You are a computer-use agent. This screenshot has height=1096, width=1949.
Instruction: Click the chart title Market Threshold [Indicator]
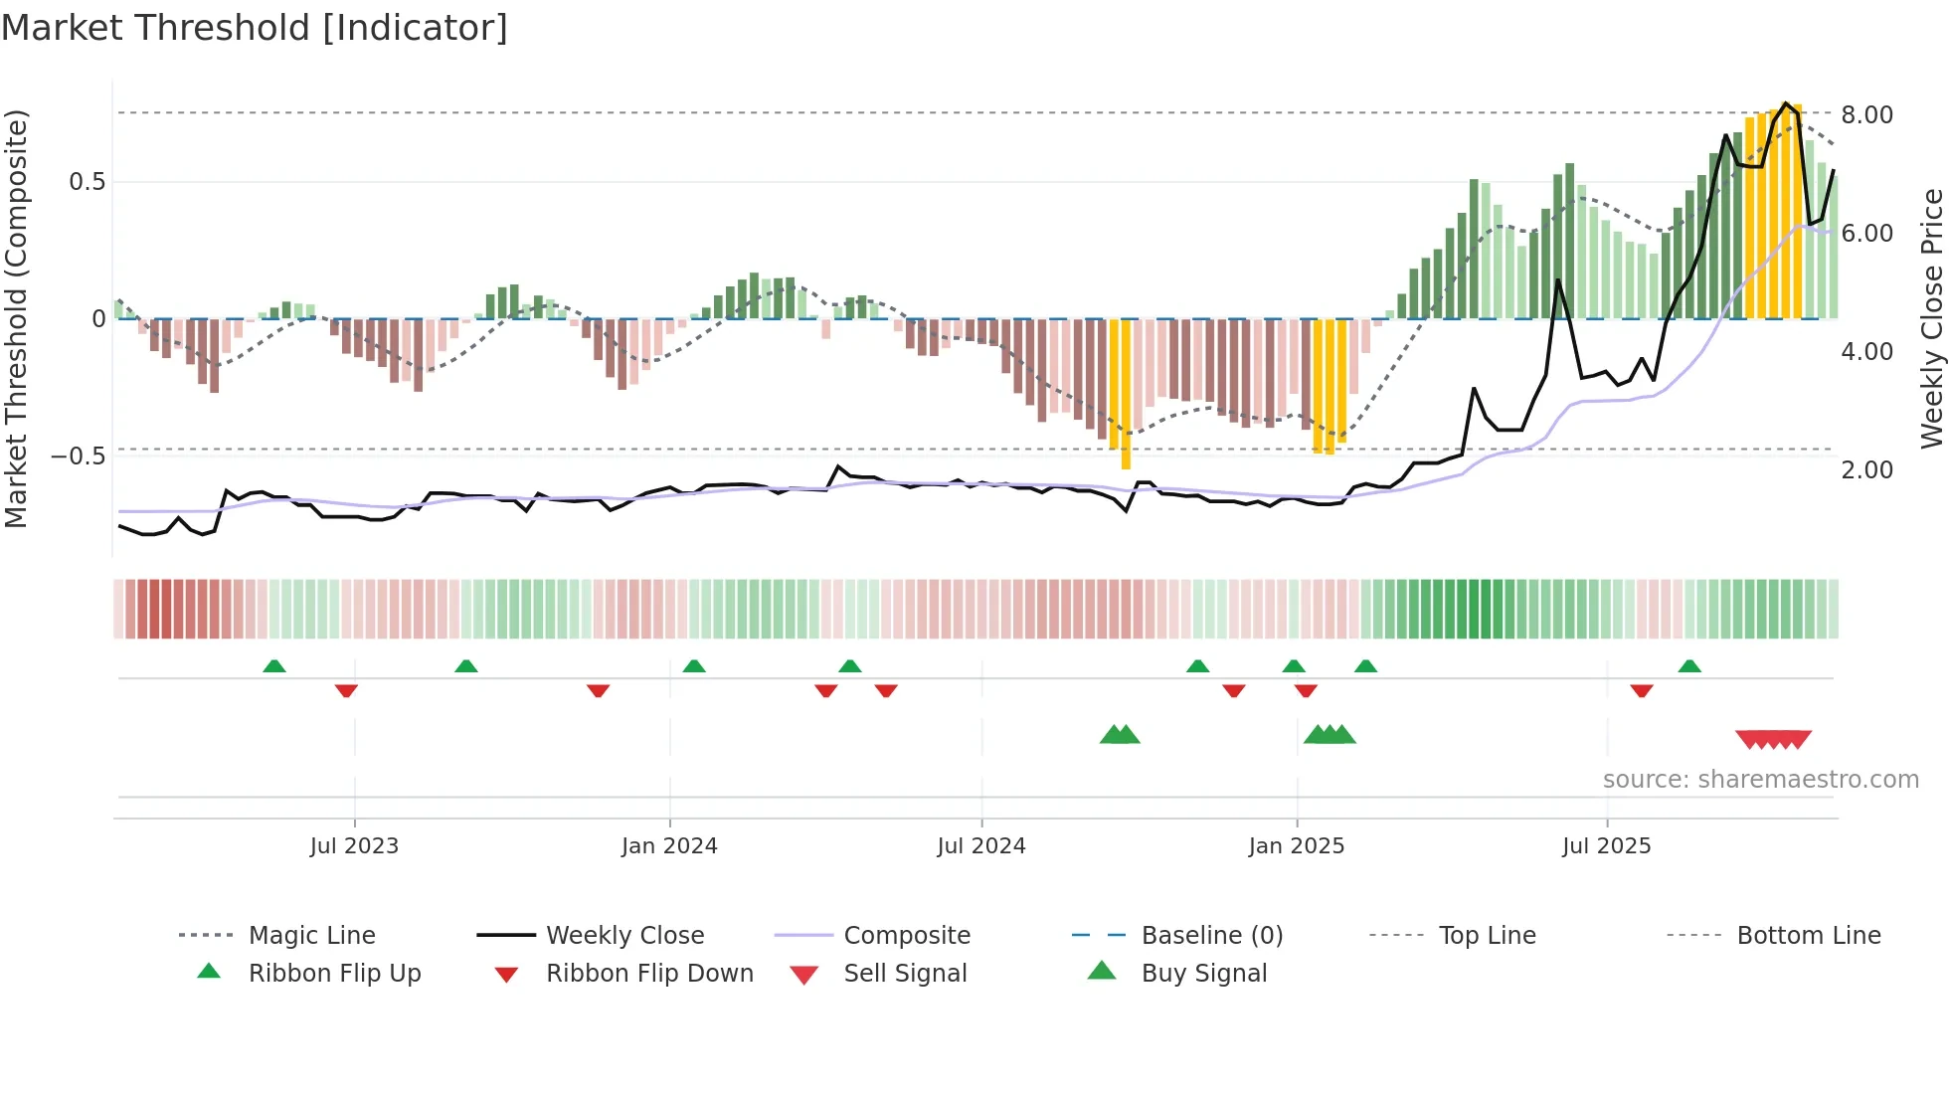pyautogui.click(x=255, y=28)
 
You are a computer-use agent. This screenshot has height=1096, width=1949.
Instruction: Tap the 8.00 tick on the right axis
pyautogui.click(x=1866, y=115)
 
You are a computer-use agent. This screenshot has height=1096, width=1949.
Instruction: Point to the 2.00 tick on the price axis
pyautogui.click(x=1866, y=470)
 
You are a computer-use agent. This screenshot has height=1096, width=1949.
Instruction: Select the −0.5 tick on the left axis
pyautogui.click(x=78, y=457)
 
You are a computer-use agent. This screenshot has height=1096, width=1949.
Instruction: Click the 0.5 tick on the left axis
pyautogui.click(x=87, y=182)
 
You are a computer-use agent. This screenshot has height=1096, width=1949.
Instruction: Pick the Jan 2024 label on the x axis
pyautogui.click(x=669, y=846)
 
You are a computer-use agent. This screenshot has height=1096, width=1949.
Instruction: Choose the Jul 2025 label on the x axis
pyautogui.click(x=1606, y=846)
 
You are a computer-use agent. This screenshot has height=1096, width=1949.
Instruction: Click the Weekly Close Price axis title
pyautogui.click(x=1931, y=318)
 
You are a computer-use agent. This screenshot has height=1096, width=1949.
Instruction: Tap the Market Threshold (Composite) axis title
pyautogui.click(x=16, y=318)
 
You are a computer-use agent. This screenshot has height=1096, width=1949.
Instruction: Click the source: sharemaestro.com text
pyautogui.click(x=1760, y=780)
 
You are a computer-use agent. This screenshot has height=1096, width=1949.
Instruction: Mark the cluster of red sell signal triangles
pyautogui.click(x=1773, y=739)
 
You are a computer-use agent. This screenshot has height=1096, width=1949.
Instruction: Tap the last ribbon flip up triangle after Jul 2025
pyautogui.click(x=1689, y=666)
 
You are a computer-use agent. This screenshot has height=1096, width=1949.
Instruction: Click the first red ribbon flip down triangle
pyautogui.click(x=346, y=690)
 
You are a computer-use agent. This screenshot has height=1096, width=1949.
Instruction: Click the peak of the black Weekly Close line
pyautogui.click(x=1786, y=103)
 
